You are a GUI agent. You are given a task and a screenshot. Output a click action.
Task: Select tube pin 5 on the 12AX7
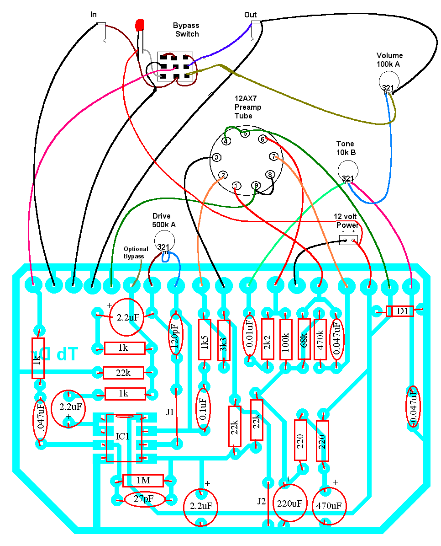(245, 134)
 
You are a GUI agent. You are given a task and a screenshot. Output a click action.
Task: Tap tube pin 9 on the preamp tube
(256, 185)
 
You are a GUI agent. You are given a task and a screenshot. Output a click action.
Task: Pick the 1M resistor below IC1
(142, 481)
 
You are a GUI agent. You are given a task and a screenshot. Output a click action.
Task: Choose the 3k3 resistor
(224, 340)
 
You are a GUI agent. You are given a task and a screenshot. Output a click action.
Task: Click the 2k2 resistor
(268, 340)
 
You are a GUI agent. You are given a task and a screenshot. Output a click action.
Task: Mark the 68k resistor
(304, 340)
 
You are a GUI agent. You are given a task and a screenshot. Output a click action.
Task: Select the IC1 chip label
(122, 437)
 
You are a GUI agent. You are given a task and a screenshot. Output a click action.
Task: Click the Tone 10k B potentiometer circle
(347, 171)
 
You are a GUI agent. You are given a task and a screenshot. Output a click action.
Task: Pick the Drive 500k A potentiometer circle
(163, 241)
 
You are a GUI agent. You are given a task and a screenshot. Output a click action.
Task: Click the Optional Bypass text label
(134, 253)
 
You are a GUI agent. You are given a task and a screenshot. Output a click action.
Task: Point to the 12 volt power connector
(349, 240)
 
